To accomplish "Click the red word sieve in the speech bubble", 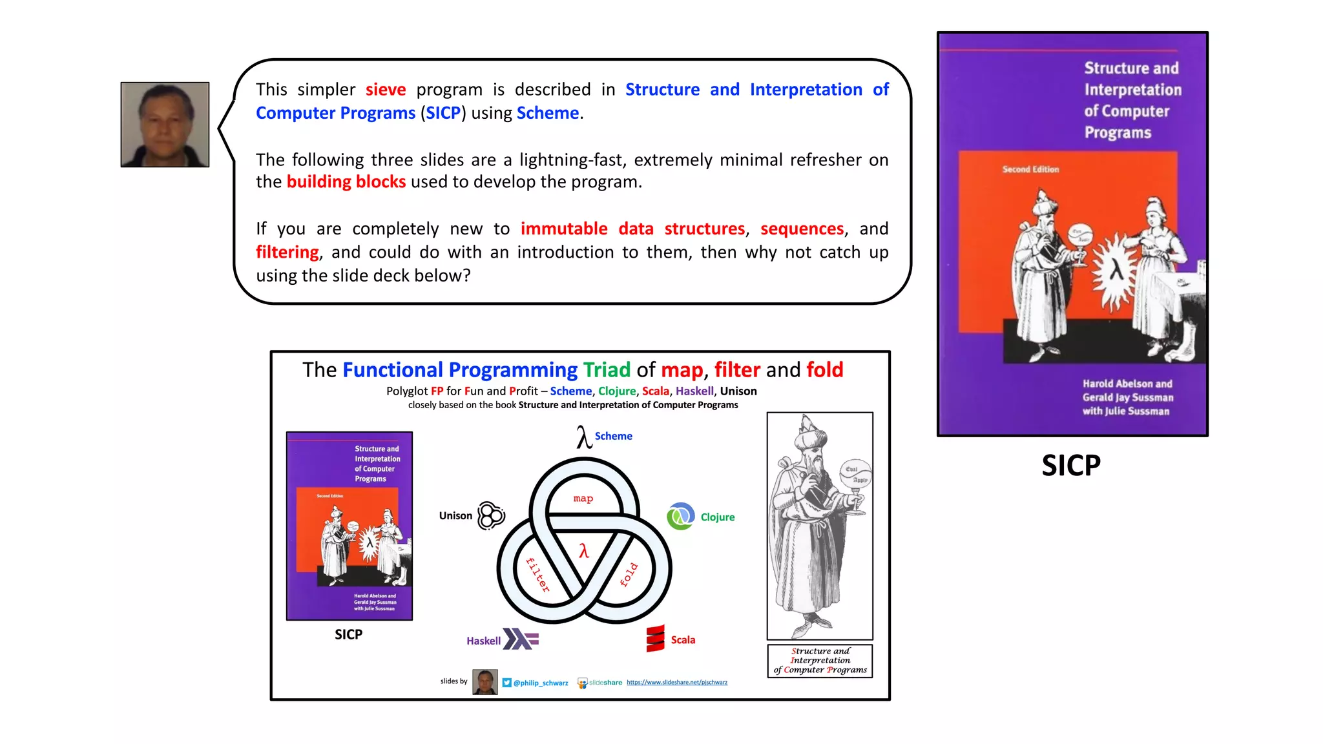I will point(386,89).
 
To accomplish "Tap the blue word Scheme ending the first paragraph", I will point(548,113).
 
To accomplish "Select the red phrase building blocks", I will point(346,182).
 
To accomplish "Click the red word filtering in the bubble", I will point(287,252).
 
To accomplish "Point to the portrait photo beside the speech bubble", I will point(165,125).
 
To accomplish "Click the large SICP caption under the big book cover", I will point(1070,465).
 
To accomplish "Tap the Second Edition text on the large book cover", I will point(1030,169).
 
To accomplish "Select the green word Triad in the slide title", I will point(607,370).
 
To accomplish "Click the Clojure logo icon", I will point(681,517).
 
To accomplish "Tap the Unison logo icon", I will point(491,515).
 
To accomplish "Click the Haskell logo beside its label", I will point(521,639).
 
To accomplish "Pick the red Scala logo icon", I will point(655,639).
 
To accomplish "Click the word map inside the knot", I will point(583,499).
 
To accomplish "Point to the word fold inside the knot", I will point(629,574).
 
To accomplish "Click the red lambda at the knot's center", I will point(584,551).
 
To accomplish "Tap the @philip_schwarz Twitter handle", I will point(541,683).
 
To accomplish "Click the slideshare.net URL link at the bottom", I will point(676,682).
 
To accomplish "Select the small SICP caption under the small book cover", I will point(348,634).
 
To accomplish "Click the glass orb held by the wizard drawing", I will point(857,475).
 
